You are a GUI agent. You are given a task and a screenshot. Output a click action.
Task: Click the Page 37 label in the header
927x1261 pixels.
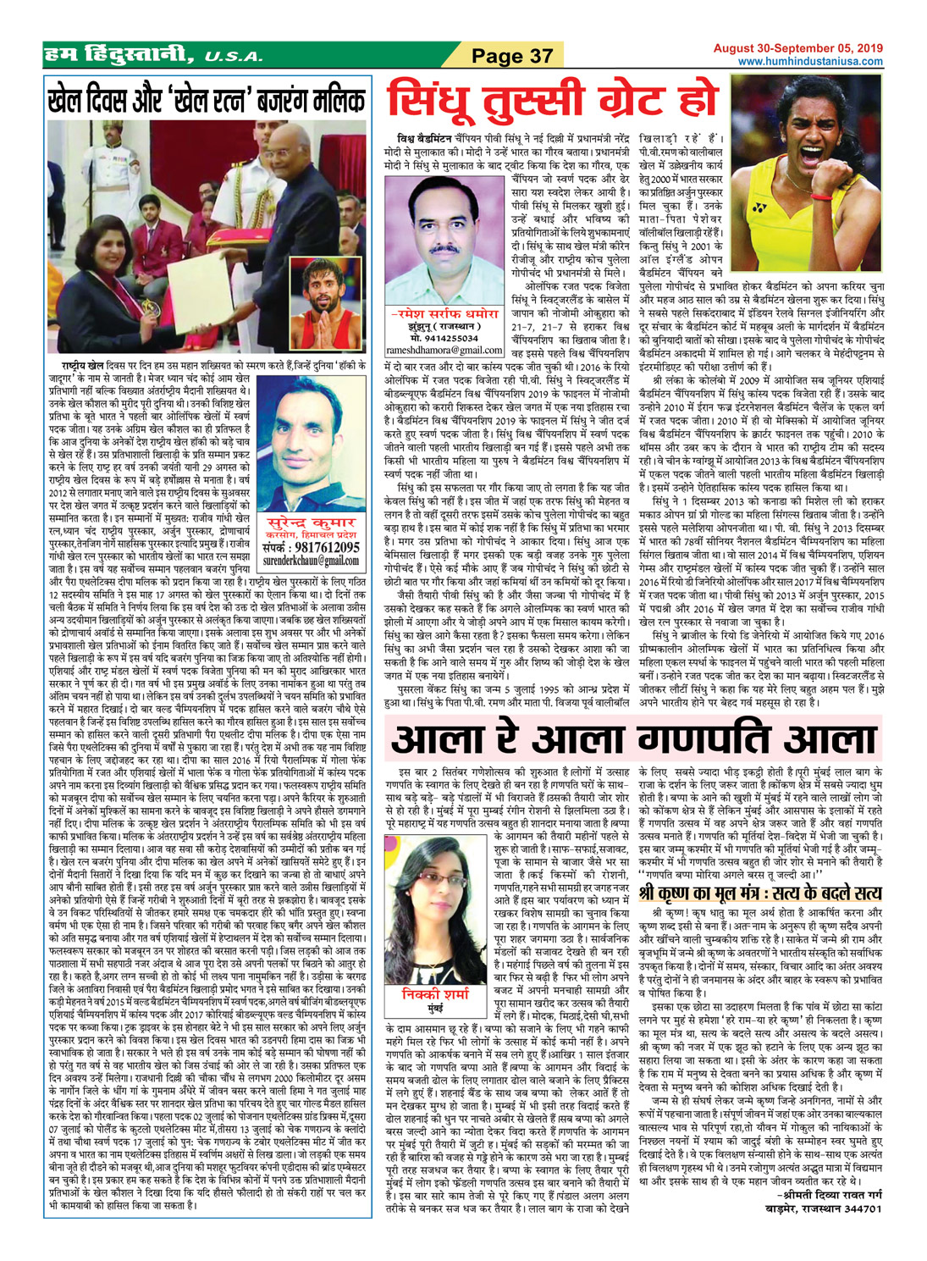[x=511, y=56]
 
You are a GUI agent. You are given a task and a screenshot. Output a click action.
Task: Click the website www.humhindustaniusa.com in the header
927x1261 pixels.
[x=810, y=62]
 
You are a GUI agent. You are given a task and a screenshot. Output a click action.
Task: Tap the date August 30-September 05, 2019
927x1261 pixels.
[x=797, y=48]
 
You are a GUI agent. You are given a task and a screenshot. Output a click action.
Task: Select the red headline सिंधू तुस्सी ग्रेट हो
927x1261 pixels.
[x=553, y=102]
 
